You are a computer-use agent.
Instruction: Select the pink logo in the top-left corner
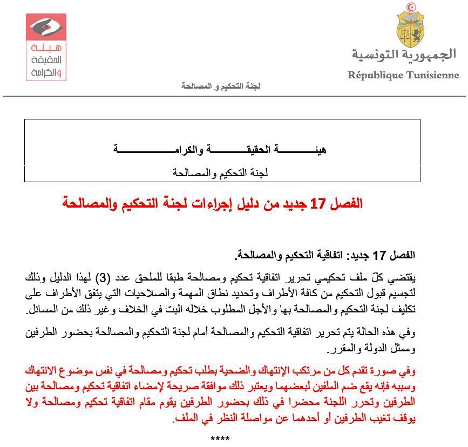click(x=46, y=47)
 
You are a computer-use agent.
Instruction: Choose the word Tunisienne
click(x=432, y=75)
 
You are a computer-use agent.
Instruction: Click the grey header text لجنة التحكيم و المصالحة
click(x=221, y=86)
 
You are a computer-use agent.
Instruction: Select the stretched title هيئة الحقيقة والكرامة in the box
click(x=221, y=149)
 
